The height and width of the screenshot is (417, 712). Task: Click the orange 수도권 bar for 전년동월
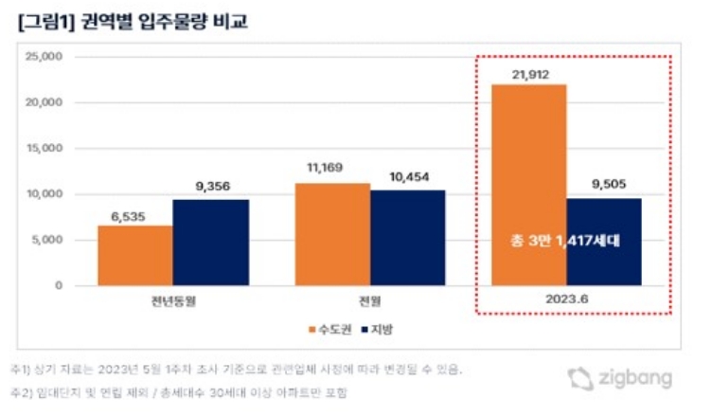pos(134,255)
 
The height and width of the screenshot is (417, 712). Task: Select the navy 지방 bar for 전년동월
pos(210,243)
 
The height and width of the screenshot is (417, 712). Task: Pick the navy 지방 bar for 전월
pos(408,238)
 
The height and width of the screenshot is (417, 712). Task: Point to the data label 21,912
pos(528,73)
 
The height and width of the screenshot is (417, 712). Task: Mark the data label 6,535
pos(134,214)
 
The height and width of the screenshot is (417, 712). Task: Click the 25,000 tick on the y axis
pos(43,57)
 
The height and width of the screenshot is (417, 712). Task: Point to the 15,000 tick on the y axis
pos(43,149)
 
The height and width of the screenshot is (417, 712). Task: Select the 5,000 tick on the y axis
pos(46,240)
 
